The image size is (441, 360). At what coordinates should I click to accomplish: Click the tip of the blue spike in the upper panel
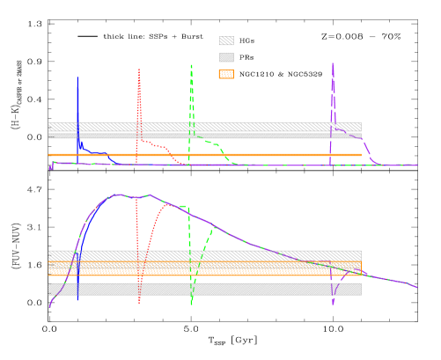(77, 77)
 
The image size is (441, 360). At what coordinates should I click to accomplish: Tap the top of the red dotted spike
(139, 70)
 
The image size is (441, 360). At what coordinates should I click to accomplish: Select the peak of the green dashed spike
(191, 65)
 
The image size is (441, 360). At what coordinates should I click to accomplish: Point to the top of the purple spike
(333, 63)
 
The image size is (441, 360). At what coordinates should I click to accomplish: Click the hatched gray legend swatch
(226, 40)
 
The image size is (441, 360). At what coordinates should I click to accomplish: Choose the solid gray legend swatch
(226, 57)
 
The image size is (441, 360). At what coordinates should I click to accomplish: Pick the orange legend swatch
(226, 74)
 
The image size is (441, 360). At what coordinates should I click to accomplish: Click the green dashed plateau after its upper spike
(209, 142)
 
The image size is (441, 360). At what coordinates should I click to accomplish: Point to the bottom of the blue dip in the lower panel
(77, 300)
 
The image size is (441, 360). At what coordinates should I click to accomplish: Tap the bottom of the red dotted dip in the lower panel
(139, 302)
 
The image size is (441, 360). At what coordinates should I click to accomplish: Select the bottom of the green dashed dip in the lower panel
(191, 304)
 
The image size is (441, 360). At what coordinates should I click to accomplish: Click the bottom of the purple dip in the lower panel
(334, 304)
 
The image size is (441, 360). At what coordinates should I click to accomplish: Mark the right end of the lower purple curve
(416, 287)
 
